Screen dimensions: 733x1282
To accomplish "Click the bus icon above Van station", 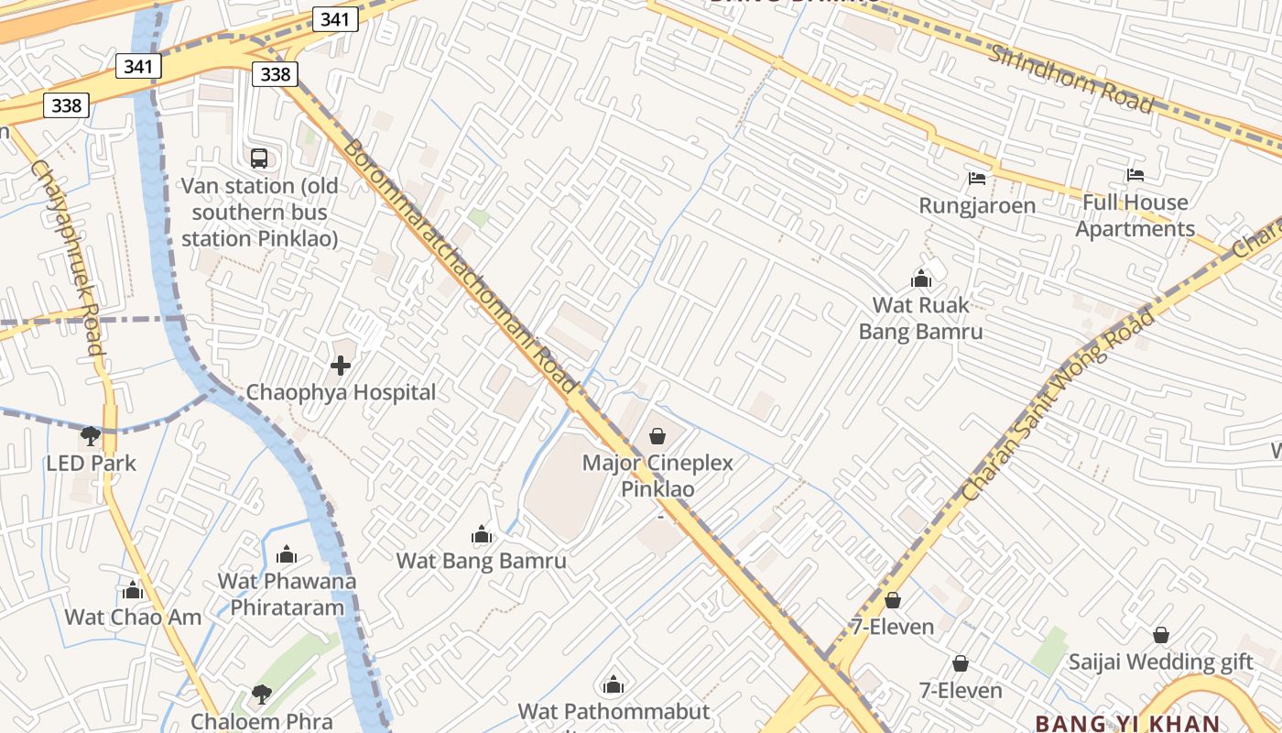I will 259,159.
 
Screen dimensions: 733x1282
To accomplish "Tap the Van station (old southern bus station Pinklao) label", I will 259,213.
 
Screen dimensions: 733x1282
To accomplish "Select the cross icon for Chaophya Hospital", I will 341,366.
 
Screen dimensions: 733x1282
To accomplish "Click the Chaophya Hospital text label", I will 341,392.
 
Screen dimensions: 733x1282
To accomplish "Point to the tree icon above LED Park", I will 90,436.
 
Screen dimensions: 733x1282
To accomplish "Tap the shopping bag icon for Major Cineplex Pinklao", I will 657,436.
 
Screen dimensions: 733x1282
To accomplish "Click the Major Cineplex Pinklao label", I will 657,476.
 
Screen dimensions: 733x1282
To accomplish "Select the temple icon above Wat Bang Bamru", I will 481,534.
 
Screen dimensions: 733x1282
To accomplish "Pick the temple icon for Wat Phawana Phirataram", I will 287,554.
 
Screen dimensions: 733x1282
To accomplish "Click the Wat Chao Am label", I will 133,617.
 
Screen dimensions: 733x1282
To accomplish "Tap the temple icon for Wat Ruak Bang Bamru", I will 920,279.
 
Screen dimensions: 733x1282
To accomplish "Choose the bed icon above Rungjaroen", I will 977,178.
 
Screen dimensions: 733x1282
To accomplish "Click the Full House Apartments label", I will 1135,215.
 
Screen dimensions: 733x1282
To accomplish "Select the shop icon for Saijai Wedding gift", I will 1160,635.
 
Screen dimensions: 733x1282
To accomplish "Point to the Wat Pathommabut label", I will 614,711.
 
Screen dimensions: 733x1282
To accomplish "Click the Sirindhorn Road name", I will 1070,78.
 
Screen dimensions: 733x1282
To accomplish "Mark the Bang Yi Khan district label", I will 1127,723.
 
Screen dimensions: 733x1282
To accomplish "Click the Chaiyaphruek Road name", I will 68,257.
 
